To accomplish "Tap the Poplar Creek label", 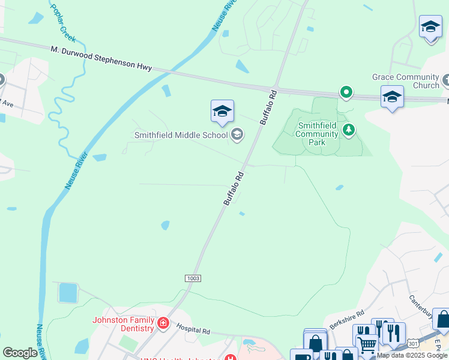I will coord(64,22).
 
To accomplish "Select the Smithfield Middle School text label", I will coord(181,135).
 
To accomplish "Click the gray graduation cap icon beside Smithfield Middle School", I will coord(237,134).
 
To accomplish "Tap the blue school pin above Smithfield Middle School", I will coord(221,112).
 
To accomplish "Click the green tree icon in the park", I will coord(348,129).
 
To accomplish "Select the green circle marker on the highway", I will coord(346,92).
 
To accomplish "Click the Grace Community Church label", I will coord(406,81).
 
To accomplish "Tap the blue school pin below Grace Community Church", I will coord(392,97).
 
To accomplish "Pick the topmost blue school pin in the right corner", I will coord(430,28).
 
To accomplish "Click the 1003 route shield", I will coord(193,278).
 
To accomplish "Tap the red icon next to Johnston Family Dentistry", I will coord(163,324).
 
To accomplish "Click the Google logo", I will coord(20,353).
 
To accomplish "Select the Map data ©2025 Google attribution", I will coord(412,355).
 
